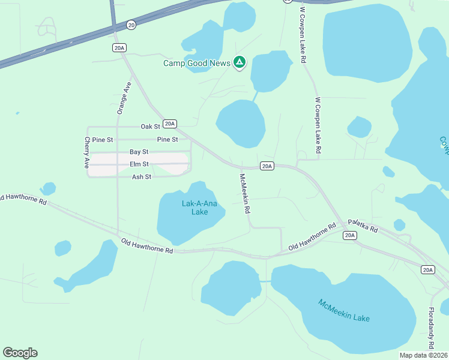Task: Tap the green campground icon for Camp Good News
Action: pos(240,62)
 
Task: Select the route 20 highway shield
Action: pos(131,25)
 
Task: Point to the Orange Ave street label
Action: pos(124,98)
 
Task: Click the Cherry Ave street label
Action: pos(88,152)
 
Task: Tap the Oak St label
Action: pos(151,127)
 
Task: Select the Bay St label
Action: pos(139,152)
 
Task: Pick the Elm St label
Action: pos(139,164)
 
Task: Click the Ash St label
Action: pos(141,176)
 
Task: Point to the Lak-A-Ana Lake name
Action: pos(195,208)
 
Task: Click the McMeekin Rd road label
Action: pos(245,194)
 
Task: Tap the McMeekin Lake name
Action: pos(344,310)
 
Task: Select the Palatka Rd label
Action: pos(363,226)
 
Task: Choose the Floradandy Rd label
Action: pos(431,328)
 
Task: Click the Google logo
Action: pos(20,353)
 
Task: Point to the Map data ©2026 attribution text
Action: pos(423,355)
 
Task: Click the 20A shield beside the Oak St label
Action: pos(170,124)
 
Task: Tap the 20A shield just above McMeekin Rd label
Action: pos(267,166)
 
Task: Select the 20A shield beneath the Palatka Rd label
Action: pos(350,235)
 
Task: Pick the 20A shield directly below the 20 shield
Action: pos(119,47)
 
